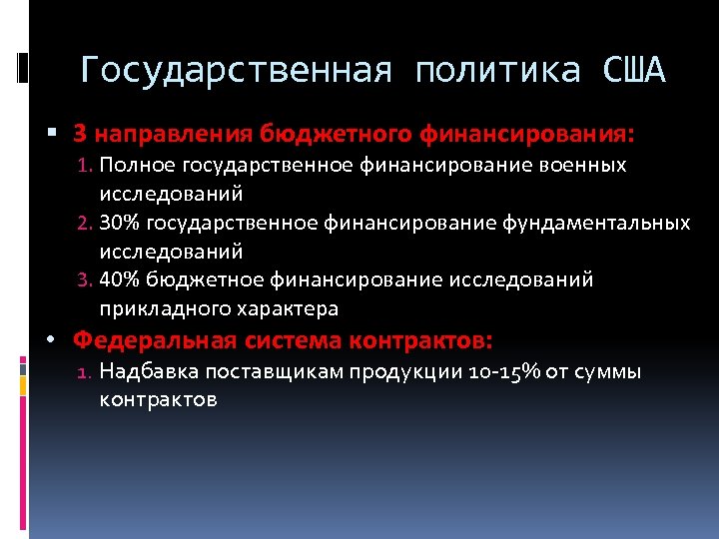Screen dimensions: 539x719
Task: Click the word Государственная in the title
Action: click(236, 71)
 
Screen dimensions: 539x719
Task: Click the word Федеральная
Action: click(155, 339)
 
